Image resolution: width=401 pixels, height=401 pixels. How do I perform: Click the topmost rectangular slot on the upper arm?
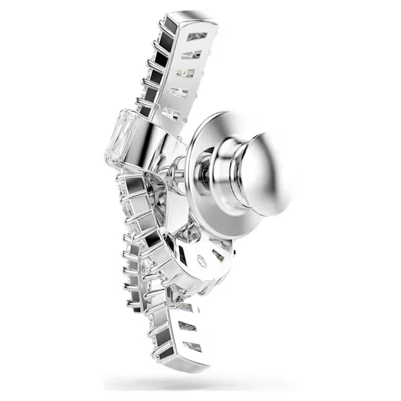click(x=196, y=37)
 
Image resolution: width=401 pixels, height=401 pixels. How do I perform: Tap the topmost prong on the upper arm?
click(x=162, y=23)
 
